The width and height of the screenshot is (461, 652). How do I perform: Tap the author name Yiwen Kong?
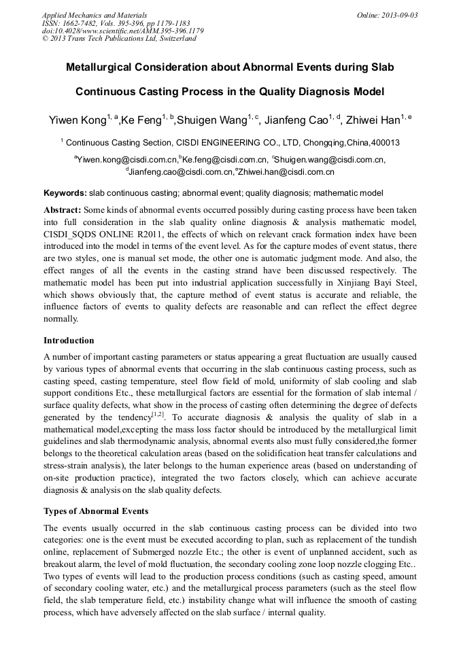(76, 121)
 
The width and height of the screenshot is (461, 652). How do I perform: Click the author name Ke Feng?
(141, 121)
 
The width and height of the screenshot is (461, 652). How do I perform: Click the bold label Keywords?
(65, 193)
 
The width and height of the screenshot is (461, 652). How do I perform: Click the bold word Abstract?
(63, 210)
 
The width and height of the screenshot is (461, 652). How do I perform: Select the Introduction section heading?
(69, 340)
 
